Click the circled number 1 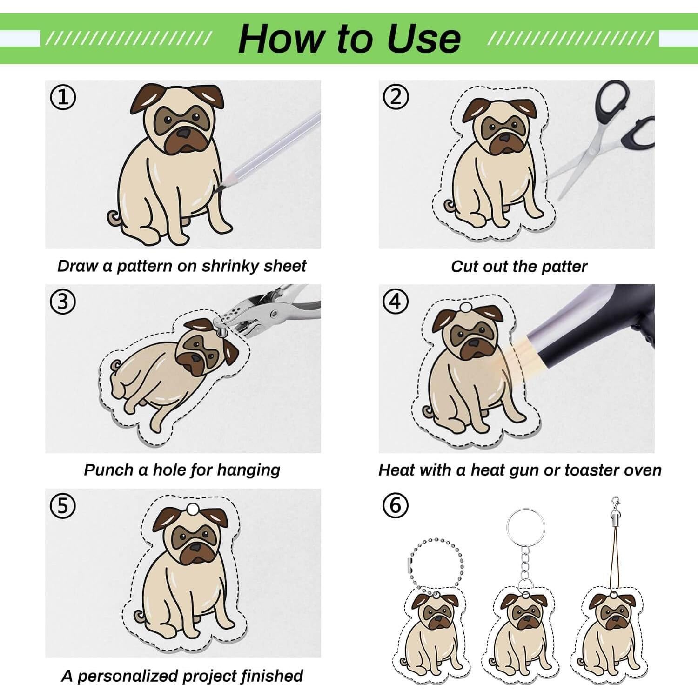pyautogui.click(x=62, y=97)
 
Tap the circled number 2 pyautogui.click(x=396, y=97)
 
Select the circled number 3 pyautogui.click(x=62, y=302)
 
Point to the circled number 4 pyautogui.click(x=396, y=302)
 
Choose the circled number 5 pyautogui.click(x=62, y=506)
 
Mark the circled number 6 pyautogui.click(x=396, y=506)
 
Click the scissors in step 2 pyautogui.click(x=600, y=135)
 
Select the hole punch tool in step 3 pyautogui.click(x=265, y=309)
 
